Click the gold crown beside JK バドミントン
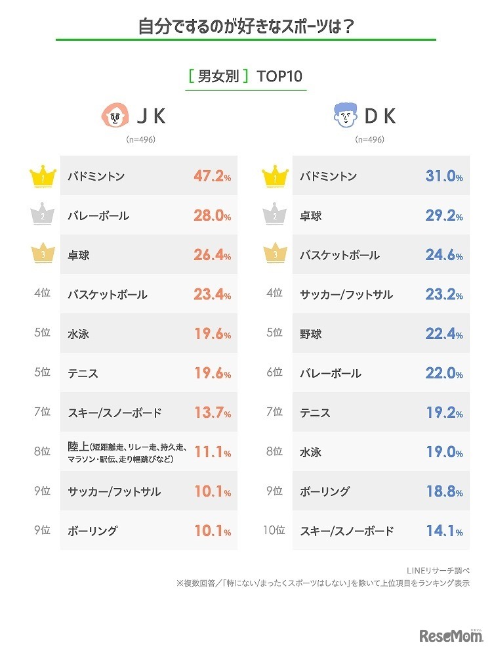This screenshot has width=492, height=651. pos(41,175)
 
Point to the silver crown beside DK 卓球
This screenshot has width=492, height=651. pos(274,215)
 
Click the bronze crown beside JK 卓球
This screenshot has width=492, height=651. pos(41,254)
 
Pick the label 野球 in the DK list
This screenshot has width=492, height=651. pos(311,334)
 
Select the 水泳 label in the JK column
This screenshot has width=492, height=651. pos(78,334)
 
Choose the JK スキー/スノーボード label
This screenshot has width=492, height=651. pos(114,413)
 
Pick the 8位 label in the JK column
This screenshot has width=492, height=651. pos(41,452)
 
